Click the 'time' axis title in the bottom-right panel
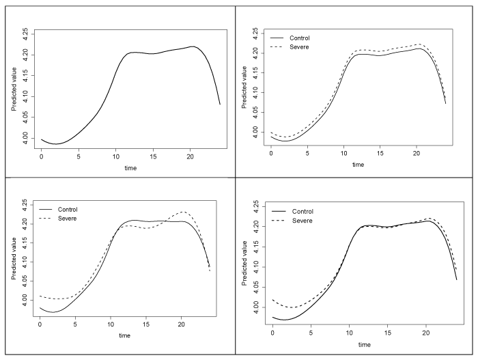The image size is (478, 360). (x=363, y=344)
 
